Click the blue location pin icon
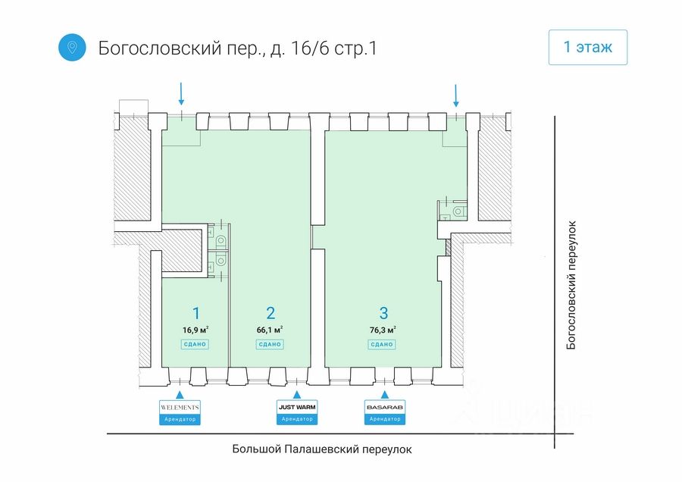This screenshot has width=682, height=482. coord(72,48)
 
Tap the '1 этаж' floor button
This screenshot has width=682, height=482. coord(587,47)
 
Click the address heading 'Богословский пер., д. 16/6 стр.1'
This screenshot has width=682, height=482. coord(237,48)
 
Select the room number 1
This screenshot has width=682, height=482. coord(196,312)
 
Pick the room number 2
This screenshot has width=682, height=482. coord(271,312)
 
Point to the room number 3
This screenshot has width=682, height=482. coord(383,312)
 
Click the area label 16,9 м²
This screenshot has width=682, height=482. coord(196,330)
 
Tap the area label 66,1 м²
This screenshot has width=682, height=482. coord(270,330)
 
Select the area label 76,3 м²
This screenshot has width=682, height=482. coord(383,330)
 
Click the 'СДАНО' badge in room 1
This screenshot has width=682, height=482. coord(195,344)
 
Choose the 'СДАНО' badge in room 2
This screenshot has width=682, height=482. coord(270,344)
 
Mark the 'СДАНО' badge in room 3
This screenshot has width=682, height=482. coord(382,344)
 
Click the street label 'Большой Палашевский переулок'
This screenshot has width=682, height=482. coord(322,449)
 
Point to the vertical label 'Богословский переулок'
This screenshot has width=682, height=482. coord(572,284)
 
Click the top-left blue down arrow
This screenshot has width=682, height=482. coord(181,94)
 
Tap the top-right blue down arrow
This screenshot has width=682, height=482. coord(456,95)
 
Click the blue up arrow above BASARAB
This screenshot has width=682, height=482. coord(384,394)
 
